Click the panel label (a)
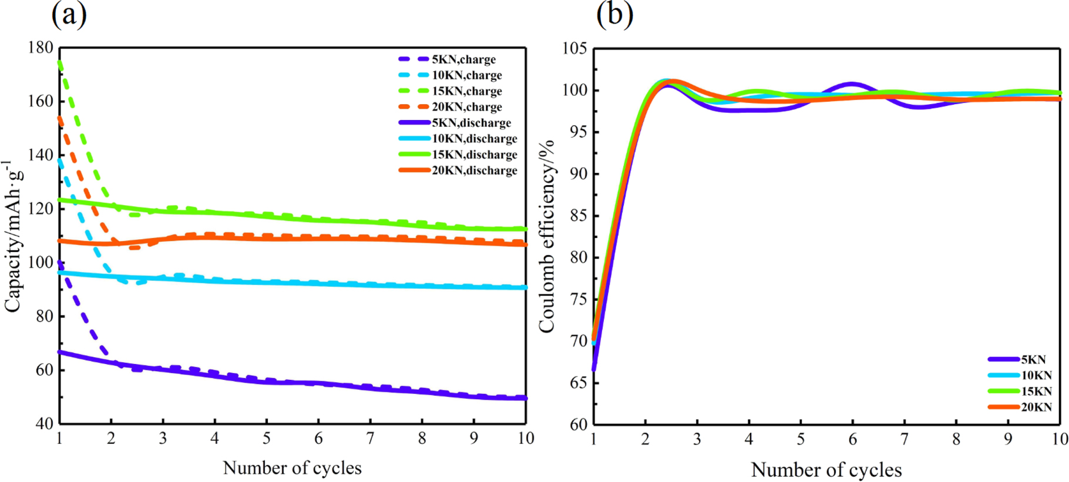click(x=69, y=14)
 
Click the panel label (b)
click(x=614, y=14)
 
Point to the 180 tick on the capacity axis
click(x=41, y=47)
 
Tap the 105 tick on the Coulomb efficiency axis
click(x=574, y=48)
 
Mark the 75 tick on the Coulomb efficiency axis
click(x=578, y=299)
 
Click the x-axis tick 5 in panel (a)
click(x=267, y=439)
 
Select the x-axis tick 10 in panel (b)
click(x=1059, y=440)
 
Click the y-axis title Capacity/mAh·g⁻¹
click(x=13, y=235)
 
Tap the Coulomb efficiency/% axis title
click(x=546, y=235)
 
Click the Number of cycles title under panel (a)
click(x=292, y=468)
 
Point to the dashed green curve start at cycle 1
click(x=60, y=62)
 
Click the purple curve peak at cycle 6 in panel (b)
click(x=852, y=84)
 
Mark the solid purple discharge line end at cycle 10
click(x=525, y=398)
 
